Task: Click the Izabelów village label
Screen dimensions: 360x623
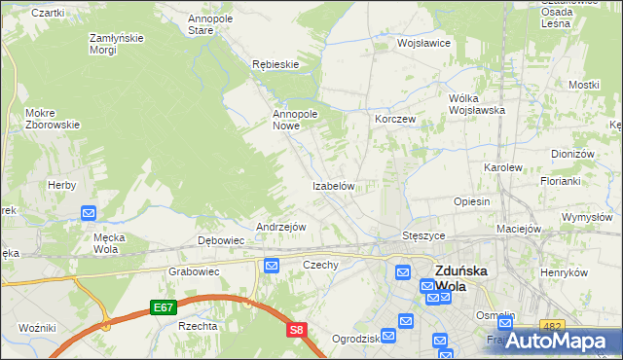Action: click(338, 186)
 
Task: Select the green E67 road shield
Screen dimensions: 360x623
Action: click(164, 307)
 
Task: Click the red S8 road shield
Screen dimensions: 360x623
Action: click(297, 331)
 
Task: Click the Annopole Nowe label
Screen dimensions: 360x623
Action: click(296, 120)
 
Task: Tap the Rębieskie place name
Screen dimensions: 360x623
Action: click(275, 64)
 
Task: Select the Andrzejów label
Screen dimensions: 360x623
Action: click(280, 227)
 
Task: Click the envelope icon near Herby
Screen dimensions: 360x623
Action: click(88, 213)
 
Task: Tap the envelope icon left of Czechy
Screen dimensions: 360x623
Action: click(272, 265)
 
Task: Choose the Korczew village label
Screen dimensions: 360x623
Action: click(395, 119)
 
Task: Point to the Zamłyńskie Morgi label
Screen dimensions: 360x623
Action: click(116, 44)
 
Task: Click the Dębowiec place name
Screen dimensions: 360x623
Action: click(221, 239)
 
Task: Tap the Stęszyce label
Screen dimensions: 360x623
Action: click(423, 235)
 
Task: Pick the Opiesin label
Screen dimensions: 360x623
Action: click(471, 201)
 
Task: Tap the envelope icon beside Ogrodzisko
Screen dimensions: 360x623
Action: click(388, 336)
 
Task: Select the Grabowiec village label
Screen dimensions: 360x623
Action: click(191, 271)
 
